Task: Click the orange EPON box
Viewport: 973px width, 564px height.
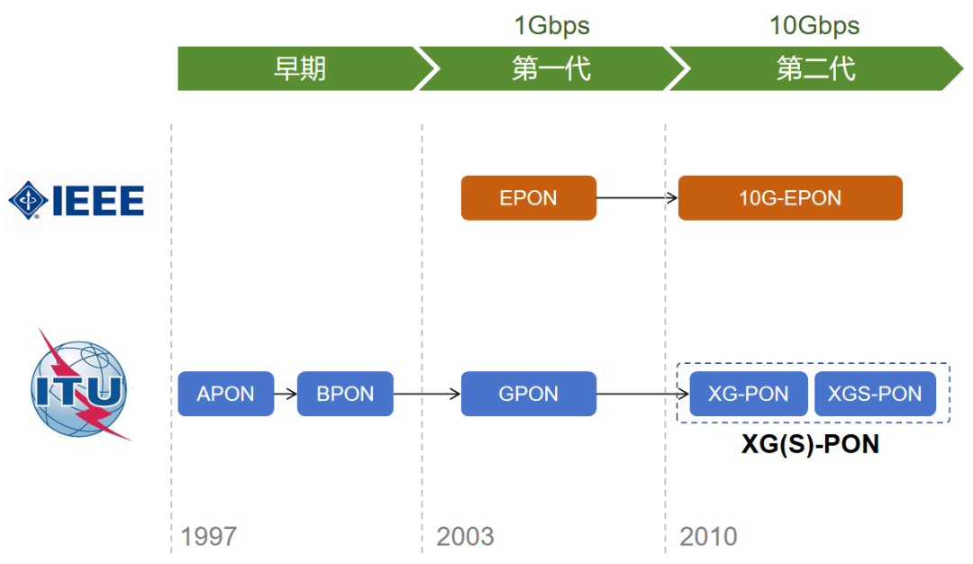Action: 528,197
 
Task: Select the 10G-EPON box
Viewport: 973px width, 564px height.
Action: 789,197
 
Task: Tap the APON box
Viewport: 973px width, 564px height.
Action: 225,394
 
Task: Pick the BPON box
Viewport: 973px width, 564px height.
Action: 345,394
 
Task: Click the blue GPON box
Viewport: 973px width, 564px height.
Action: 528,394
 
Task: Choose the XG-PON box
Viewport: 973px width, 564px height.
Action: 748,394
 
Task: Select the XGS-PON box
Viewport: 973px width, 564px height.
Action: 874,394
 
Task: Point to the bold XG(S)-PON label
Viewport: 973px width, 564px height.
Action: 810,444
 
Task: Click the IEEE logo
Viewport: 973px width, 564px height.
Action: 77,198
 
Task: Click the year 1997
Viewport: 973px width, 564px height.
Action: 209,537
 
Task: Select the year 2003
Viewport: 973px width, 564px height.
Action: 466,537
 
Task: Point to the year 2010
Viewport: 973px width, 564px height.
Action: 708,537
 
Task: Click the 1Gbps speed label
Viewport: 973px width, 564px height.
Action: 551,25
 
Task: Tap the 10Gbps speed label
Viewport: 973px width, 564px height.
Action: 814,25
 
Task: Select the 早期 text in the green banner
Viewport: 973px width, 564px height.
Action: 299,69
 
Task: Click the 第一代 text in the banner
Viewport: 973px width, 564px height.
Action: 551,69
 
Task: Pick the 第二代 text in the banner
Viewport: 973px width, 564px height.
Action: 815,69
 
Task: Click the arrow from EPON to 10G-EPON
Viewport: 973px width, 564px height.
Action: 637,197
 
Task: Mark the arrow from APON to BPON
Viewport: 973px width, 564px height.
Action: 286,394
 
